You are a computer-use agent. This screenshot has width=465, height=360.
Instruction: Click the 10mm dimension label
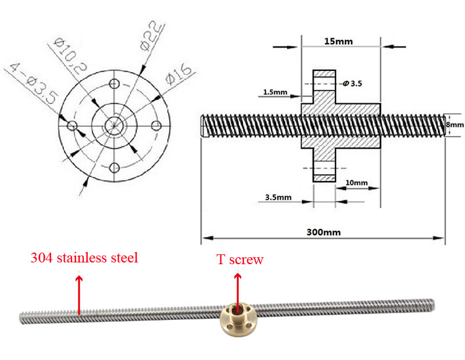tap(356, 183)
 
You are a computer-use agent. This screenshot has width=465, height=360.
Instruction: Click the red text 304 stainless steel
tap(84, 258)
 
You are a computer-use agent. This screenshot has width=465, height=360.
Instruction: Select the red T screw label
tap(240, 260)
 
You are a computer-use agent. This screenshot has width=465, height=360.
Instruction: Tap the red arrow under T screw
tap(237, 287)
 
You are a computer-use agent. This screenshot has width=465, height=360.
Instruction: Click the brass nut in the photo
tap(236, 319)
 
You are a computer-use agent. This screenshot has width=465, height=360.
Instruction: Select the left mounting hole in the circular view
tap(72, 125)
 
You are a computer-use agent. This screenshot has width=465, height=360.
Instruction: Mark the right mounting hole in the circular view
tap(156, 125)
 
